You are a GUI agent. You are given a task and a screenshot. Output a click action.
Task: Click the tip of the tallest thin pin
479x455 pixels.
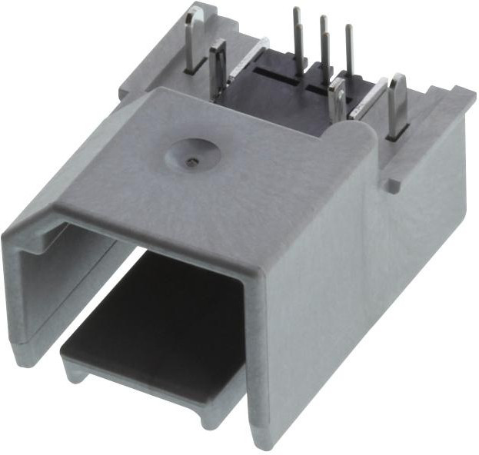296,11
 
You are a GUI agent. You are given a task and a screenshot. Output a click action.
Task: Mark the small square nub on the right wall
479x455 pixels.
392,185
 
